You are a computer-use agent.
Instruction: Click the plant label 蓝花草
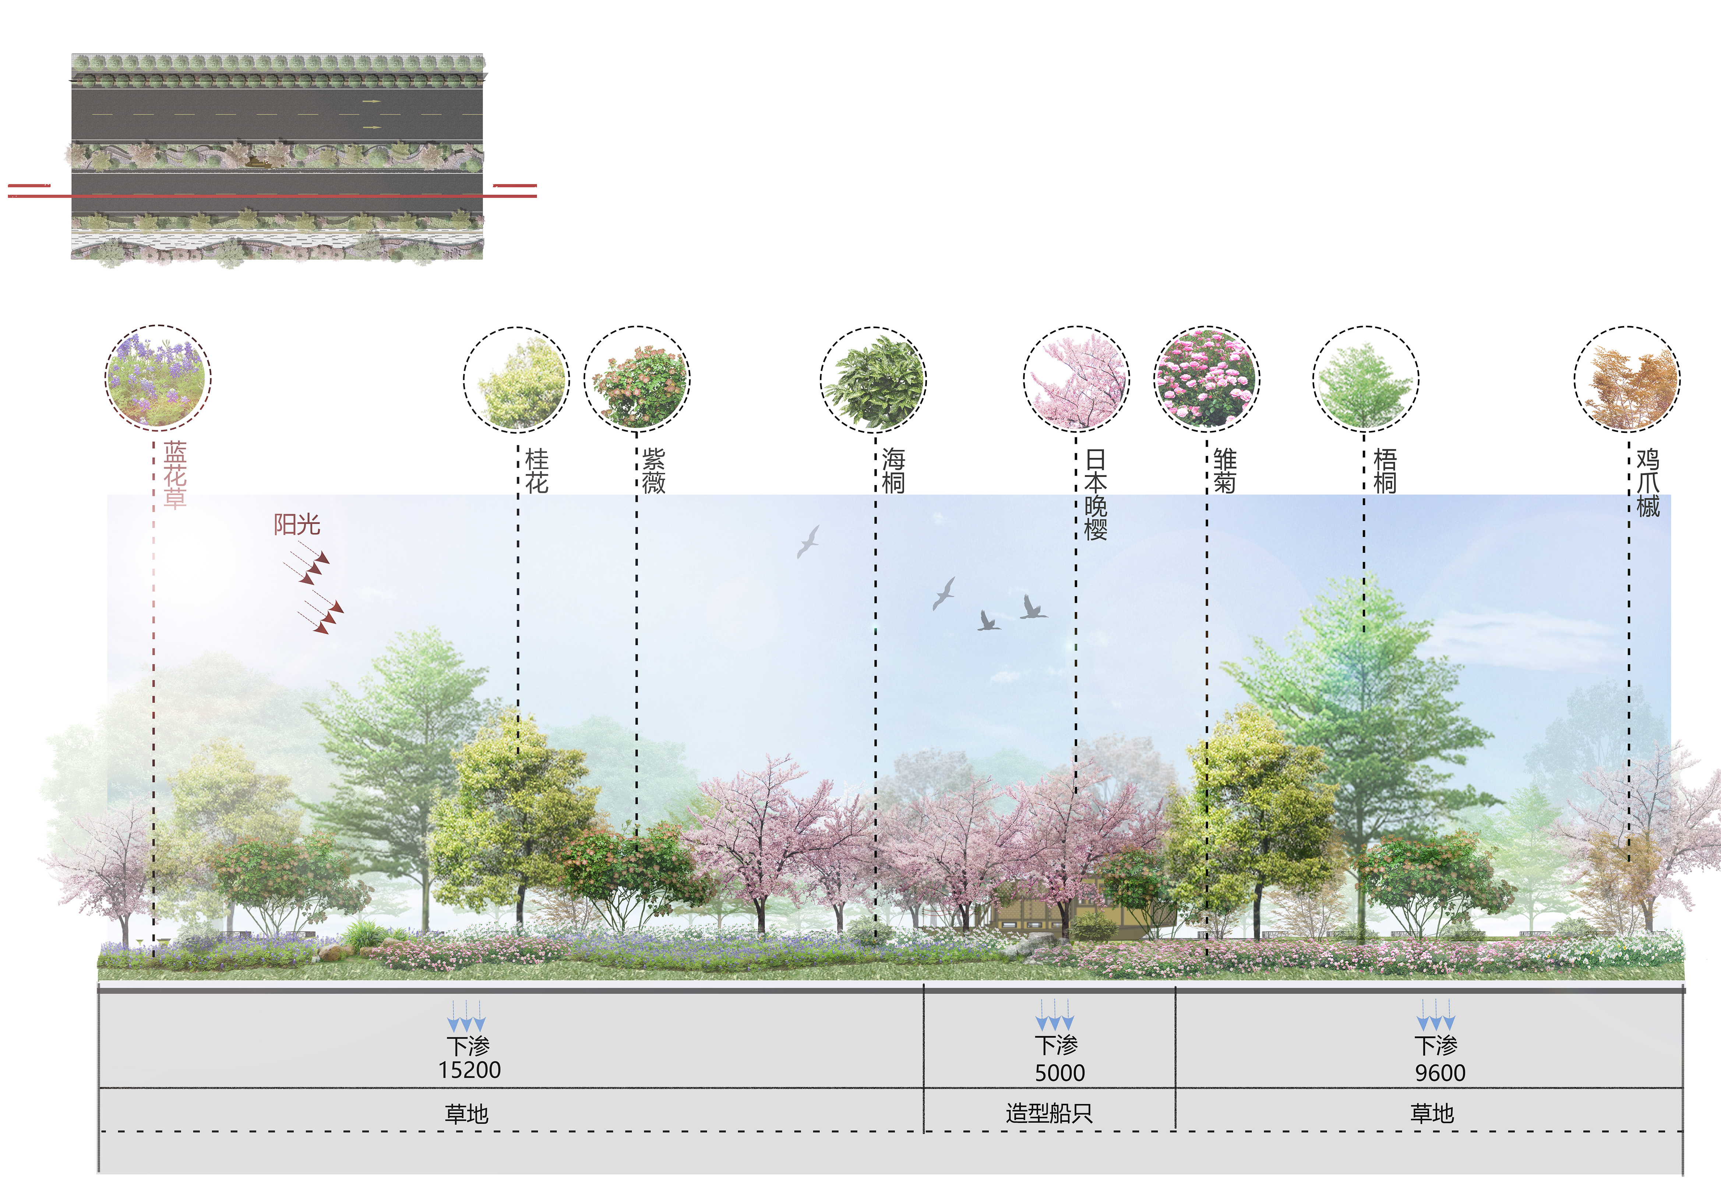(x=174, y=475)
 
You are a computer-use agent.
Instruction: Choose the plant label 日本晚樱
(x=1095, y=495)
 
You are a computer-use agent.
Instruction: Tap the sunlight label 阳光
(x=297, y=524)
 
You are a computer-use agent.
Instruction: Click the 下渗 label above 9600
(x=1435, y=1045)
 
